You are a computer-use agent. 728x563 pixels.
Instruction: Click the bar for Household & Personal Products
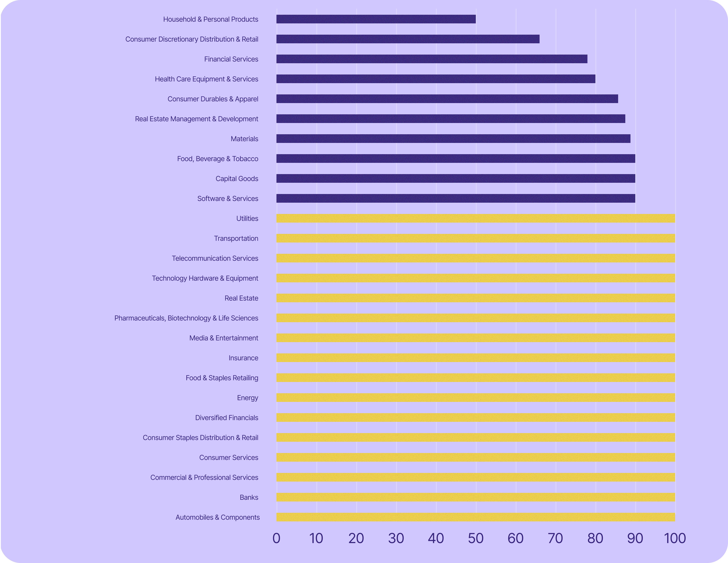point(376,19)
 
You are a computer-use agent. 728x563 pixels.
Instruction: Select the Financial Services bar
point(432,59)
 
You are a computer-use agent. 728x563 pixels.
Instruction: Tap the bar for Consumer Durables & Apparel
point(447,99)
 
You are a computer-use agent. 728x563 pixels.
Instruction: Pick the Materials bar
point(453,139)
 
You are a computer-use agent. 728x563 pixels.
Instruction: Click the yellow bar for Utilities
point(476,218)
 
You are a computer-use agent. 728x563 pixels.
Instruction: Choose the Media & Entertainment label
point(224,338)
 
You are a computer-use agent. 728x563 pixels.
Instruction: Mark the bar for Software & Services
point(456,199)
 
